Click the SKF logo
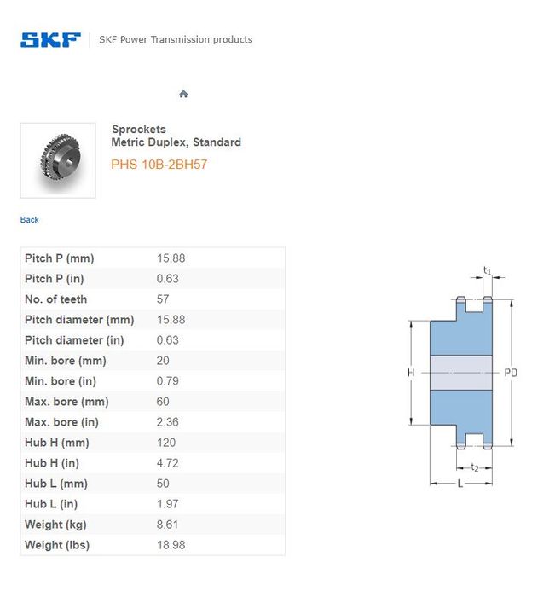(50, 39)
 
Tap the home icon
(183, 94)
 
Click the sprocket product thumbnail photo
(58, 160)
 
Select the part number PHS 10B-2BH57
(159, 165)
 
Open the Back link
(30, 220)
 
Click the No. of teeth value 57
(163, 299)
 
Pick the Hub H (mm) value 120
(166, 443)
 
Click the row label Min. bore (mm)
(66, 361)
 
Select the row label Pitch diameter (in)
(74, 340)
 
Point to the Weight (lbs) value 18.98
(171, 545)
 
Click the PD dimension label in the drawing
(512, 373)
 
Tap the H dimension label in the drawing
(411, 373)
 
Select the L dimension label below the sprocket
(460, 484)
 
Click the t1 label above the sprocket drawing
(488, 271)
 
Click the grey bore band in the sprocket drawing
(461, 373)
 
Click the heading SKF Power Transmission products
(176, 39)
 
